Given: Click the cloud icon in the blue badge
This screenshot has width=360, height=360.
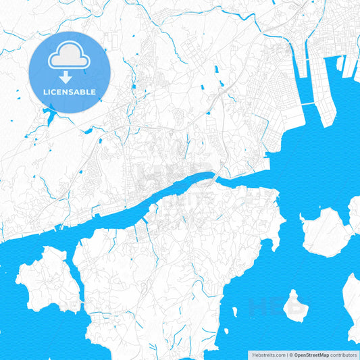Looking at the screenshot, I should (70, 59).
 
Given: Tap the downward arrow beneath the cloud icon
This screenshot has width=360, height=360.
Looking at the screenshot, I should (70, 78).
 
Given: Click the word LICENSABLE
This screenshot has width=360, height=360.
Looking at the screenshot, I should (70, 92).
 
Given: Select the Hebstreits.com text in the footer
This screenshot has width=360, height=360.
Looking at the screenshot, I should (267, 355).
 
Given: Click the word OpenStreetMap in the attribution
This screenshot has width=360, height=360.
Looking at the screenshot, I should (311, 355).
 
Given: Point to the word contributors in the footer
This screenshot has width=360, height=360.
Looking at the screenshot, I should (344, 355).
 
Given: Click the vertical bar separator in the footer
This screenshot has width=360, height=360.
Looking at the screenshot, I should (286, 355).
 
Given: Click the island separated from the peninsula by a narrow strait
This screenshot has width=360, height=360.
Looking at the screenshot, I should (44, 277).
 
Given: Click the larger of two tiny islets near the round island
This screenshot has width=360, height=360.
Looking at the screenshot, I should (234, 313).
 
